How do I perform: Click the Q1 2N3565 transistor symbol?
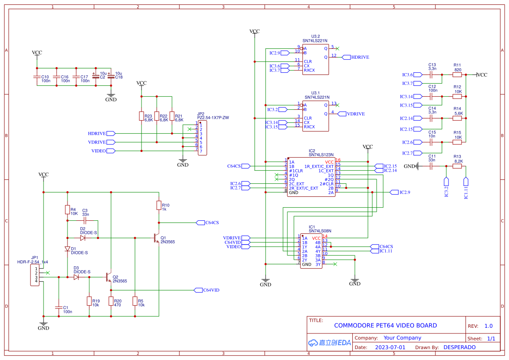tap(156, 238)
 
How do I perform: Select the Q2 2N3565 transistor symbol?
tap(109, 277)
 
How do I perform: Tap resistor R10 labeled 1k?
tap(159, 205)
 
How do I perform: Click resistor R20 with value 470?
tap(111, 301)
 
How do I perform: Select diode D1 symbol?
tap(67, 249)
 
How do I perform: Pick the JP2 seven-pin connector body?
tap(202, 138)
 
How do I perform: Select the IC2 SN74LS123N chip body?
tap(311, 177)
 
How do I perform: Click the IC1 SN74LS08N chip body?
tap(311, 251)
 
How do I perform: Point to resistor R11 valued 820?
tap(457, 74)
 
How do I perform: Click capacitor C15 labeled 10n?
tap(432, 142)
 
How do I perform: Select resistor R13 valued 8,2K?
tap(457, 166)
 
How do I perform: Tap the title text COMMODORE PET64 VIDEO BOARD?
tap(385, 326)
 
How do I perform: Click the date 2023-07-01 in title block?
tap(390, 347)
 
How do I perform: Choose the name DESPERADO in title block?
tap(459, 347)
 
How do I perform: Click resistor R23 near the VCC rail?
tap(142, 116)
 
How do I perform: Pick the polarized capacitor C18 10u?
tap(111, 77)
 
